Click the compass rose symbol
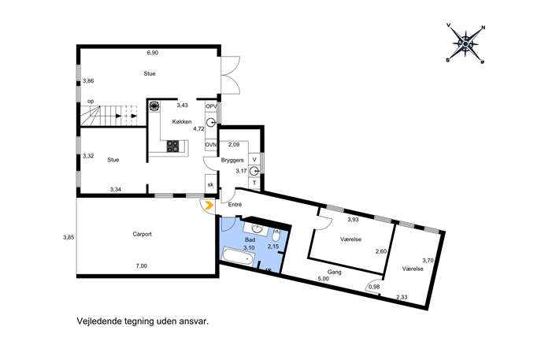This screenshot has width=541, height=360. [x=465, y=44]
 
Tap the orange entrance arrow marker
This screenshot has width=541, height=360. [x=208, y=206]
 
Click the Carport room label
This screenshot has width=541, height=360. [x=143, y=234]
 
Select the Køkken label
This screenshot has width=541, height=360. [x=182, y=122]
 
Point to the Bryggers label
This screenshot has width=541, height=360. [x=232, y=160]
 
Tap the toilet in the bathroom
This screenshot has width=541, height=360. [x=276, y=236]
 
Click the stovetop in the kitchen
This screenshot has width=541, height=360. [x=173, y=147]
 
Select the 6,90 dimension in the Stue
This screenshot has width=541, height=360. [x=153, y=53]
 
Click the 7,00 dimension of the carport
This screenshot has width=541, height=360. [x=142, y=265]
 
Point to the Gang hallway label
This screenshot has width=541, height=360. [x=335, y=272]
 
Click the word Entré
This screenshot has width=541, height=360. [x=235, y=205]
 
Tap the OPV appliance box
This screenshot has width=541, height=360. [x=210, y=106]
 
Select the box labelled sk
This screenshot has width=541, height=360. [x=210, y=184]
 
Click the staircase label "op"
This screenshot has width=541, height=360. [x=91, y=102]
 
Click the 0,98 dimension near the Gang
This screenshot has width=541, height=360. [x=374, y=287]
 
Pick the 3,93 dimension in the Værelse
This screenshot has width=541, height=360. [x=353, y=219]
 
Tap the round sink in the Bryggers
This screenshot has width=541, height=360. [x=254, y=170]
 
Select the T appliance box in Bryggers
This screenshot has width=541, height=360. [x=254, y=183]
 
